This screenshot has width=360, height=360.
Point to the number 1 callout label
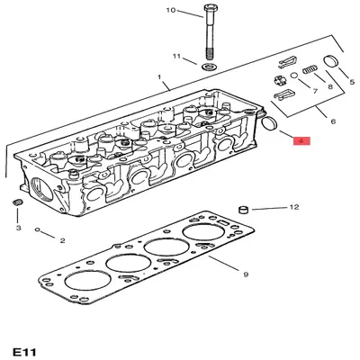[160, 79]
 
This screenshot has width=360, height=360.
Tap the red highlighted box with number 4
[301, 141]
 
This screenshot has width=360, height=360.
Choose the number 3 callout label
[17, 229]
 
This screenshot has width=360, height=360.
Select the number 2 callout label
[62, 240]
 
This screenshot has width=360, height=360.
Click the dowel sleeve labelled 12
[242, 210]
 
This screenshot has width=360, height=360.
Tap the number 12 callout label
[293, 208]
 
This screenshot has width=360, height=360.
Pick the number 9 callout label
[245, 272]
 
